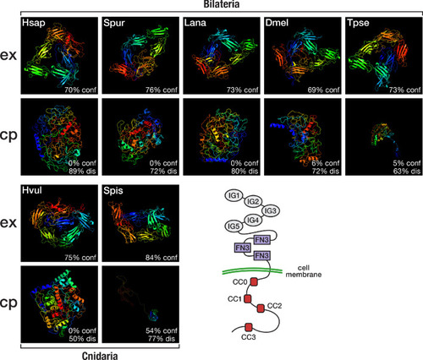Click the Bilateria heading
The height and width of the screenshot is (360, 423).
222,4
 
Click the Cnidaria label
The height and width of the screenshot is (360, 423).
100,355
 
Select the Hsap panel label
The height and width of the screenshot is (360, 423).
34,23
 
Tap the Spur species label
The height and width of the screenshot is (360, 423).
114,23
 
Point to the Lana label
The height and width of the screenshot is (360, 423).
195,23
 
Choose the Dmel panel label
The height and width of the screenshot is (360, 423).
277,23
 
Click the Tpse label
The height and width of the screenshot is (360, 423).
358,23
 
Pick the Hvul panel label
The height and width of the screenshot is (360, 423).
32,190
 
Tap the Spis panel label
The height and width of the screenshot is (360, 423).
113,191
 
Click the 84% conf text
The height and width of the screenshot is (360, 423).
162,258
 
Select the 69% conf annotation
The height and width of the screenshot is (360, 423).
323,90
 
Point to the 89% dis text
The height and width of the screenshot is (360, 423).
82,171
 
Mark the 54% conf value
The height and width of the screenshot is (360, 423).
162,330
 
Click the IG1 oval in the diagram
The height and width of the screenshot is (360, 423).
234,195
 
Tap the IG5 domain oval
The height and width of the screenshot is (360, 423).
234,226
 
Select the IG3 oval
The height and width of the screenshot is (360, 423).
271,210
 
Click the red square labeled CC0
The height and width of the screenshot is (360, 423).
254,281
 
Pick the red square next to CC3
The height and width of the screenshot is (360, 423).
248,327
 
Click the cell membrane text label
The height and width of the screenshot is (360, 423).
304,271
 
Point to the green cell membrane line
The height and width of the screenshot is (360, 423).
252,271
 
